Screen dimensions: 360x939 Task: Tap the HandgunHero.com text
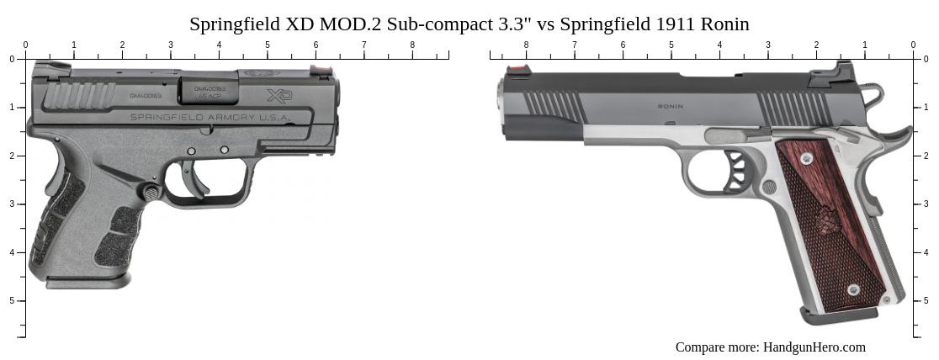813,347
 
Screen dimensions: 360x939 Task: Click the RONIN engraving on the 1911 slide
670,107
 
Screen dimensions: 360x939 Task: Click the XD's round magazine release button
151,193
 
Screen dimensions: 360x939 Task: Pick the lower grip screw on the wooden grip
853,289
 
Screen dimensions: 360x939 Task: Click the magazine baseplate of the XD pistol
88,282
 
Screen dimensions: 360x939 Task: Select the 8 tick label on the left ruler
412,45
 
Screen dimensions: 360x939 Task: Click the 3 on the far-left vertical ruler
11,204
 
